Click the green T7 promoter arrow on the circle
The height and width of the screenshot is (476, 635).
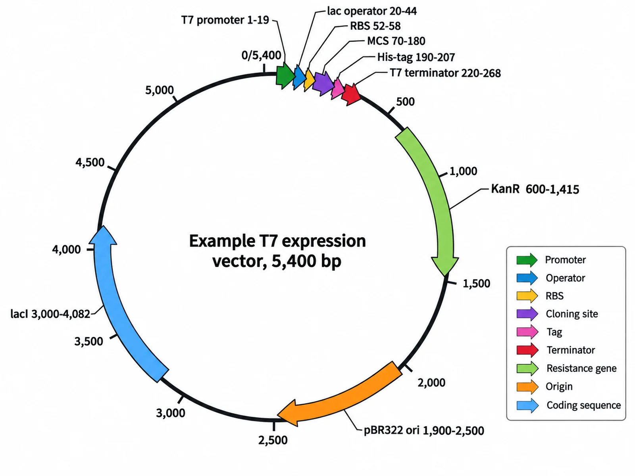285,76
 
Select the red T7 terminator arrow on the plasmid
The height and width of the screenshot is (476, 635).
351,94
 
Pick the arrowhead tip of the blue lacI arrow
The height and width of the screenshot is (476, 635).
102,226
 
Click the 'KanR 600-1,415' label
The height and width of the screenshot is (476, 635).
535,189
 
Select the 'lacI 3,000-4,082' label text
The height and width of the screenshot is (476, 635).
50,314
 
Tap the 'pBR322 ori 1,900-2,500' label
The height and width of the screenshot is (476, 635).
424,430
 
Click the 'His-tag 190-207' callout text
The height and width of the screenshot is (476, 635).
416,57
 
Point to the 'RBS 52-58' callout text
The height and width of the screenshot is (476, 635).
375,26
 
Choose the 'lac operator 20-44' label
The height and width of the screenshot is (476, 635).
372,11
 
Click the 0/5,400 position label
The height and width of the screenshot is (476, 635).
261,55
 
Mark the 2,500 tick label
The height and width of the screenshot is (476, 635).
273,440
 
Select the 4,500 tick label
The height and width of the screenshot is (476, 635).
90,162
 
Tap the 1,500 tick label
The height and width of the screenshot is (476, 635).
477,284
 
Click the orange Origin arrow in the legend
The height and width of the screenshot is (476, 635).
527,387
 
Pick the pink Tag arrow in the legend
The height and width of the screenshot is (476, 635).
527,332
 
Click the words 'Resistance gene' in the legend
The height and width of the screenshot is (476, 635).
581,369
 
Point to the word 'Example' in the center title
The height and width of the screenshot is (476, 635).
222,241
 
